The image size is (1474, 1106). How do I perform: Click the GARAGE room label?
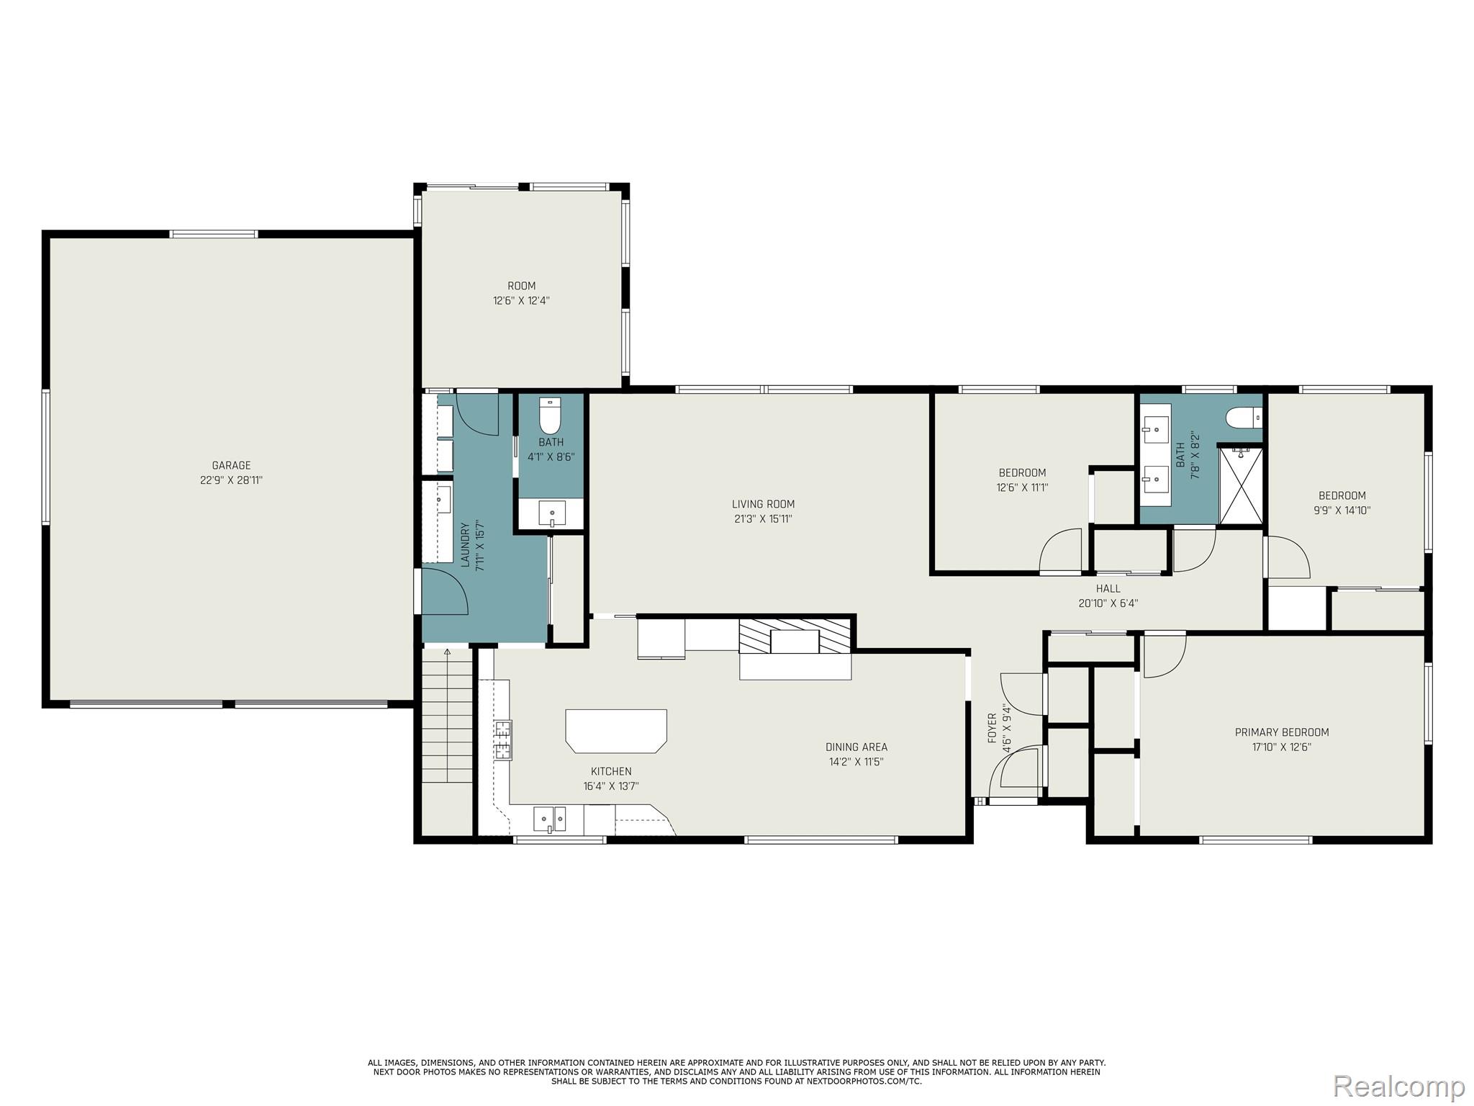pos(231,465)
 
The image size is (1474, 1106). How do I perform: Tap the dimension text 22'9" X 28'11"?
pos(231,480)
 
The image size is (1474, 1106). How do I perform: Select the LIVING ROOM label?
pos(763,504)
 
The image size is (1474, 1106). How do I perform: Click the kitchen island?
pos(616,730)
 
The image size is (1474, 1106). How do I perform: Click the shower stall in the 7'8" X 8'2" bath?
pos(1240,485)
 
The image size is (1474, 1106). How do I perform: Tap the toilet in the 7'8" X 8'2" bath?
pos(1243,417)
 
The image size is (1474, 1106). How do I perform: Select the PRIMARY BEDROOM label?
pos(1281,732)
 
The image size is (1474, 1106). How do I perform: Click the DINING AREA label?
pos(856,747)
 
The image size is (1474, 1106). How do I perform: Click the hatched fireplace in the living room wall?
pos(795,635)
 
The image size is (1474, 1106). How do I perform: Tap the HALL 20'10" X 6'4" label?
pos(1108,596)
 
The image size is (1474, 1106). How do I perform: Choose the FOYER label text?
pos(992,728)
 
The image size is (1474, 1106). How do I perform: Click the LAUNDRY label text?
pos(464,545)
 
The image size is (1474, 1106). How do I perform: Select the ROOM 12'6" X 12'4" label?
pos(521,293)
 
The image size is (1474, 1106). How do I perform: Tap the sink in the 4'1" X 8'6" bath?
pos(552,514)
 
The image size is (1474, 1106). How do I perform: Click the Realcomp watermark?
pos(1398,1084)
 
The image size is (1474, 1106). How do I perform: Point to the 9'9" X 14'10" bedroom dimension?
pos(1342,511)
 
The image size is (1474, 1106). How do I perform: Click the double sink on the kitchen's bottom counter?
pos(549,819)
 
